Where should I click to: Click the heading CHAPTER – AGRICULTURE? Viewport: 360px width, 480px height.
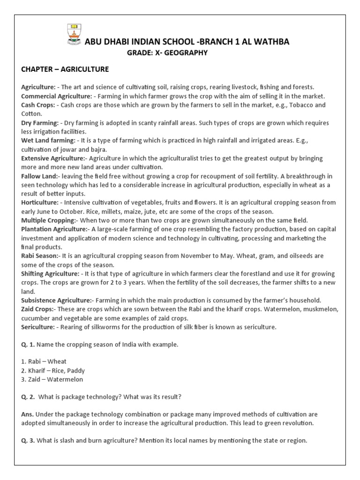(x=65, y=69)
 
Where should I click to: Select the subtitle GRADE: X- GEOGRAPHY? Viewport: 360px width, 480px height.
(x=167, y=53)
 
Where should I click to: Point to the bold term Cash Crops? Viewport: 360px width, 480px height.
(x=37, y=105)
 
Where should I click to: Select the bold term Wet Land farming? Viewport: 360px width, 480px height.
(x=48, y=141)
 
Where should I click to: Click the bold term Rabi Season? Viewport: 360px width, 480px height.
(x=40, y=256)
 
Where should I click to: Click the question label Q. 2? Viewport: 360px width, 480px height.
(x=28, y=397)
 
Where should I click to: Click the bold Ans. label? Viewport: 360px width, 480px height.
(x=27, y=415)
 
